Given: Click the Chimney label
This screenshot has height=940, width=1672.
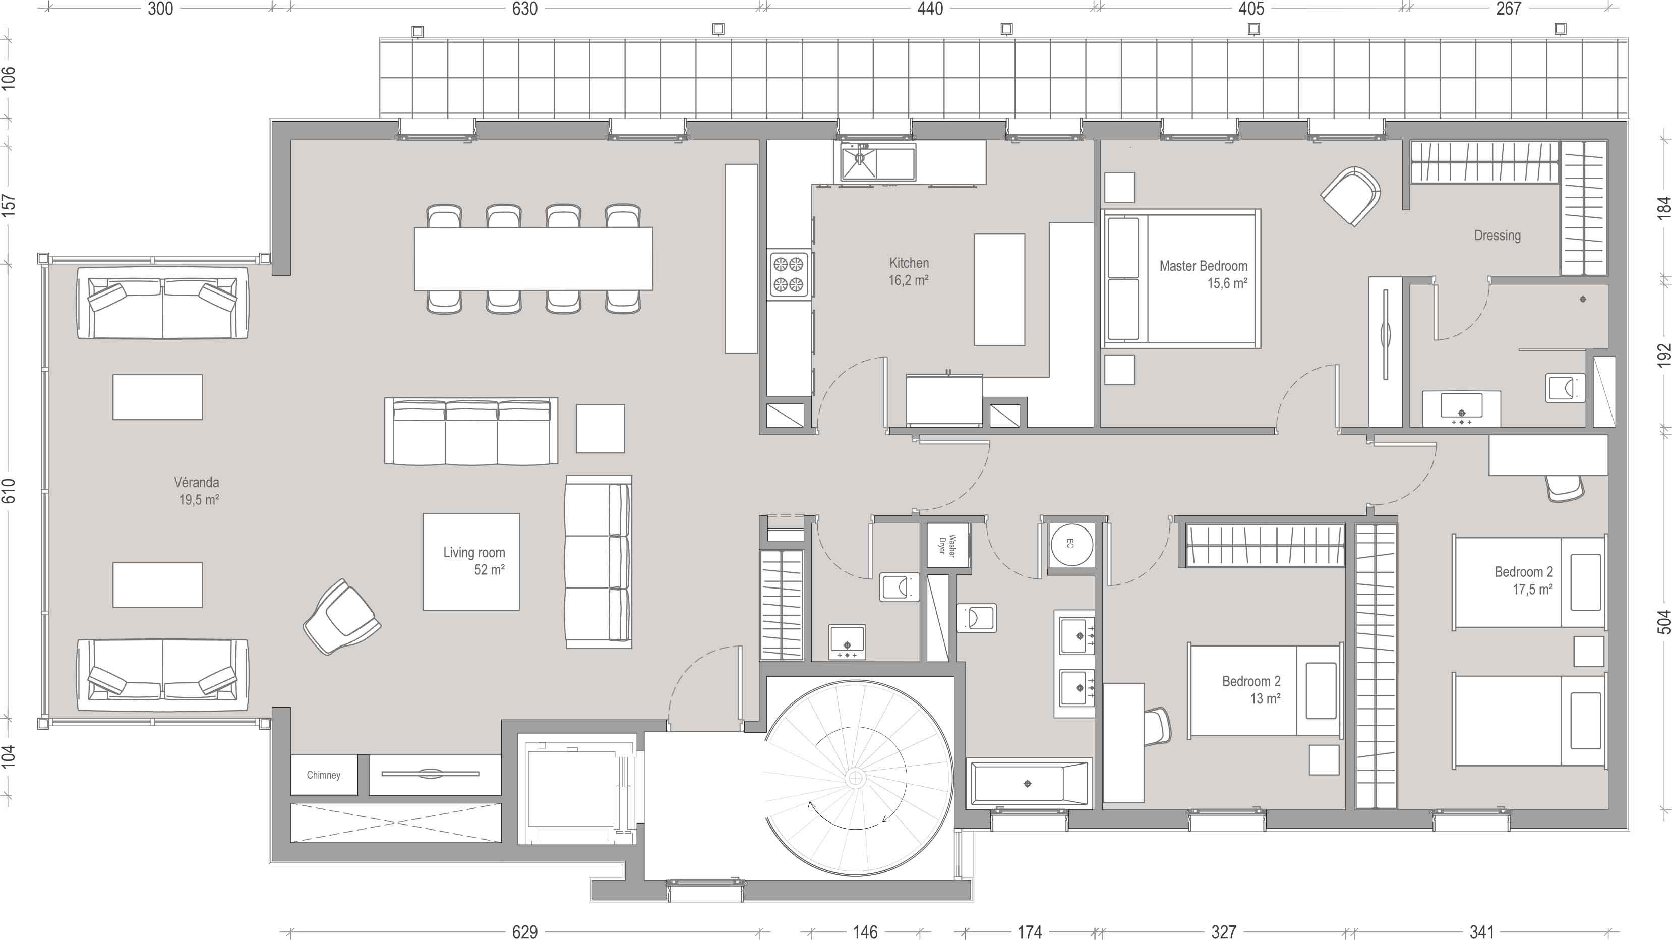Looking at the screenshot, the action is pos(323,775).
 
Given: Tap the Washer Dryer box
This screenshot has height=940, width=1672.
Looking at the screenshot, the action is pos(948,546).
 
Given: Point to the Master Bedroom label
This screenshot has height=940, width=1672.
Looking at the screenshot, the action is pos(1204,266).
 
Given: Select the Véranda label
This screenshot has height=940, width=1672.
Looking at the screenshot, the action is pos(197,482).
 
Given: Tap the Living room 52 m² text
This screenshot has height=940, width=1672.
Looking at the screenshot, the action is pos(474,561).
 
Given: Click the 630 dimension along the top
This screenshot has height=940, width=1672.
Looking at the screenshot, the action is pos(524,9).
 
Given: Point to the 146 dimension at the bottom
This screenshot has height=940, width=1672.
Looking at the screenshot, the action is pos(865,931).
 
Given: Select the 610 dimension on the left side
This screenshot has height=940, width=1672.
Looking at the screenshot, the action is pos(9,490).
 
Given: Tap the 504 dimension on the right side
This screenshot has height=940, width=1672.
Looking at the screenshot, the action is pos(1663,621).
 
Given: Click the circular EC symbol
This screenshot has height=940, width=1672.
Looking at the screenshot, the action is pos(1071,544).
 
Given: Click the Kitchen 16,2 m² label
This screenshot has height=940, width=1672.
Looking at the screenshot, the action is pos(909,271).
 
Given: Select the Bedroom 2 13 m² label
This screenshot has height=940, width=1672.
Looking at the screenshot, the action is pos(1251,689).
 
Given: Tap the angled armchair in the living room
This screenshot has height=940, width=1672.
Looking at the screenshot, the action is pos(341,617).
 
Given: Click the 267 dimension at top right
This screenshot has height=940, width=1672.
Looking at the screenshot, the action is pos(1509,9).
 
